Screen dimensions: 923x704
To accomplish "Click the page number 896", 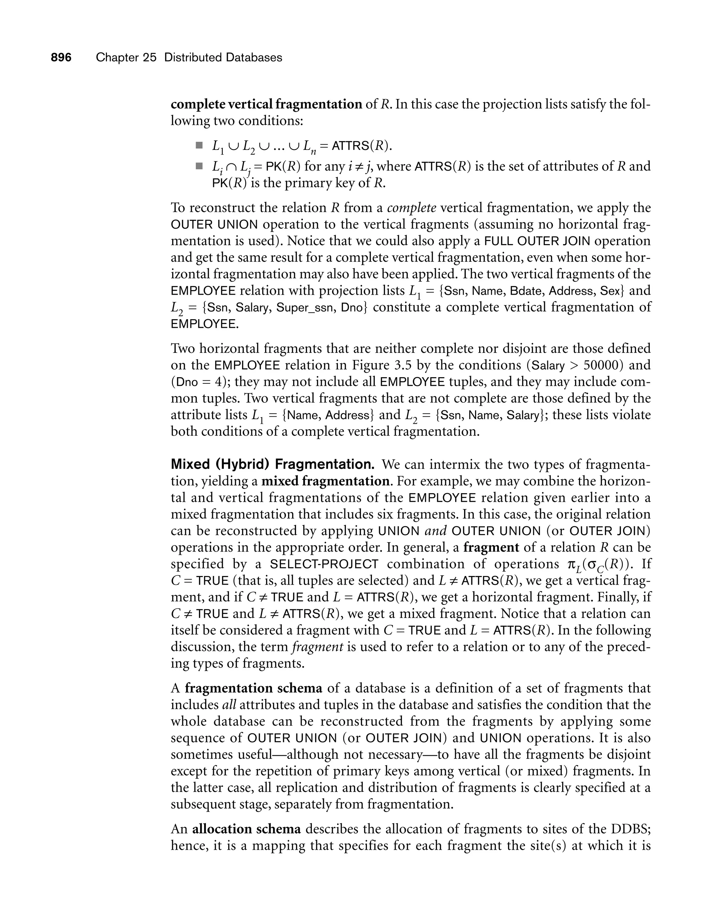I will (61, 57).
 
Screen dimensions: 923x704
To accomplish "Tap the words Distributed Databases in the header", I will (223, 57).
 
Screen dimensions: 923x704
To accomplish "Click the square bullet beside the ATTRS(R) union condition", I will (199, 145).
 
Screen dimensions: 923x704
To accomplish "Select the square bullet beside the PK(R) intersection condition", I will (199, 166).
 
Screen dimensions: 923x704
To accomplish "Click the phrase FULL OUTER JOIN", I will (537, 241).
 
